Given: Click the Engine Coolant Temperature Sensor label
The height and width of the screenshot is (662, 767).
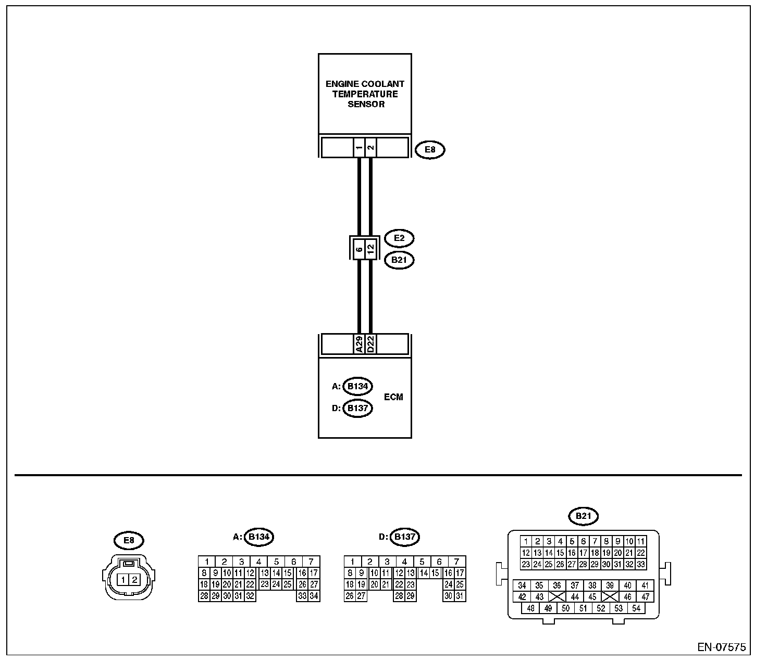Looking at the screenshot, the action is pyautogui.click(x=365, y=94).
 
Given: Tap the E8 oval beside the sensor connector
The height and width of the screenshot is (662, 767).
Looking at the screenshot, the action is pyautogui.click(x=430, y=150).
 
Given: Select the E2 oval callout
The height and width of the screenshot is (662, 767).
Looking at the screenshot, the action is pyautogui.click(x=399, y=238).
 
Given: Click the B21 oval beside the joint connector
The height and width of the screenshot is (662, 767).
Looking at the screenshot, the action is pyautogui.click(x=399, y=260).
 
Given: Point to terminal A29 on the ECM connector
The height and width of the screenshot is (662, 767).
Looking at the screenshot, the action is pyautogui.click(x=359, y=344).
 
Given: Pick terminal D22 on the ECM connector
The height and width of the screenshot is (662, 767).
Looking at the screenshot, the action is pyautogui.click(x=370, y=344).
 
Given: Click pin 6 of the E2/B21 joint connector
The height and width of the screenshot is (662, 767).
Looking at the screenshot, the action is pyautogui.click(x=359, y=249).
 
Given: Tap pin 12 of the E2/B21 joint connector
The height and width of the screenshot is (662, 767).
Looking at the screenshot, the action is pyautogui.click(x=370, y=249).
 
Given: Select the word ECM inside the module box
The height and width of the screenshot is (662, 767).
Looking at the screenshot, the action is pyautogui.click(x=393, y=397).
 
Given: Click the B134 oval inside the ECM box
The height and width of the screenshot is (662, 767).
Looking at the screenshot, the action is pyautogui.click(x=357, y=386).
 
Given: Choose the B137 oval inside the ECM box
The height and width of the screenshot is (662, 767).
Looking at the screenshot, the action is pyautogui.click(x=357, y=408).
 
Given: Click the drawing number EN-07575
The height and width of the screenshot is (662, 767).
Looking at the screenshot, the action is pyautogui.click(x=721, y=647).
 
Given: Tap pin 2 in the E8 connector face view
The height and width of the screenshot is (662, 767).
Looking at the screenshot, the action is pyautogui.click(x=135, y=579).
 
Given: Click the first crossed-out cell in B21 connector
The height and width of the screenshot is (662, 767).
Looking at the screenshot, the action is pyautogui.click(x=556, y=597).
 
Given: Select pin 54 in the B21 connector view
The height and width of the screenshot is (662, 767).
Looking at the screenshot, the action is pyautogui.click(x=636, y=608).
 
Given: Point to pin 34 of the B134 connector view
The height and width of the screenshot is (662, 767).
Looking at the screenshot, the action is pyautogui.click(x=314, y=596).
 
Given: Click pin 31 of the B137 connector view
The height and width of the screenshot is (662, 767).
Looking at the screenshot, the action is pyautogui.click(x=460, y=596).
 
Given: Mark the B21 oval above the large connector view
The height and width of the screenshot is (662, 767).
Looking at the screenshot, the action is pyautogui.click(x=583, y=516).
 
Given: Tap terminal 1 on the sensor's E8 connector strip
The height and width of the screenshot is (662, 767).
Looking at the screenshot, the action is pyautogui.click(x=359, y=148).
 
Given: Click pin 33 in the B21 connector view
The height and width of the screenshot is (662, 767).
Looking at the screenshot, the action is pyautogui.click(x=640, y=564).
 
